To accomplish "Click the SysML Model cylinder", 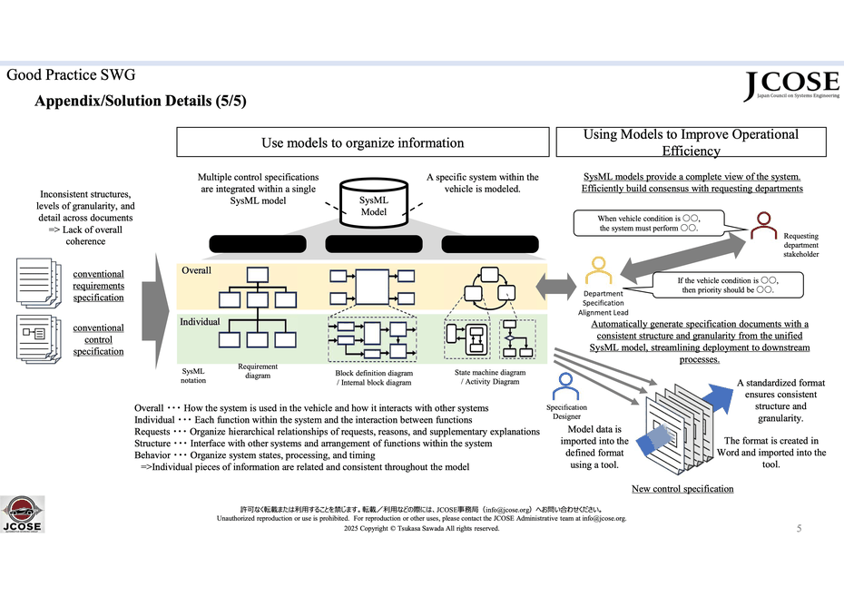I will point(374,204).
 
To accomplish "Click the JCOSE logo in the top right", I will point(786,87).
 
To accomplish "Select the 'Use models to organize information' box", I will point(362,142).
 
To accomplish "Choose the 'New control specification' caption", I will point(682,489).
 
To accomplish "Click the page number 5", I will point(799,528).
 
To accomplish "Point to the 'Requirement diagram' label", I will point(258,370).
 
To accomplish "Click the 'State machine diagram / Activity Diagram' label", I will point(489,376).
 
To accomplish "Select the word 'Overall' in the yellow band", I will point(196,270).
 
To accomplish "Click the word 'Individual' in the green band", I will point(201,322).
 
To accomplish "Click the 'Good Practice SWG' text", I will point(71,75).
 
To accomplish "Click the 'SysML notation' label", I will point(194,376).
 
